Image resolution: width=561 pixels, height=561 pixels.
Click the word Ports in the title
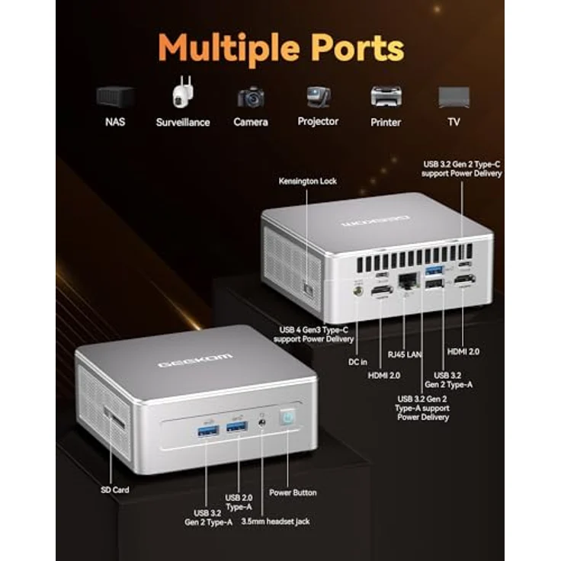pos(357,48)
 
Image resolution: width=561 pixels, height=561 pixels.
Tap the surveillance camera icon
pos(183,91)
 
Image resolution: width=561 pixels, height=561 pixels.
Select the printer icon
pos(386,97)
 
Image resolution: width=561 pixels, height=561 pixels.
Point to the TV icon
pos(454,97)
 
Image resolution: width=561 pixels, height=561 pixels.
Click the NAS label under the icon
pos(115,122)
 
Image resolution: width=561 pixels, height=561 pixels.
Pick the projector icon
pos(318,97)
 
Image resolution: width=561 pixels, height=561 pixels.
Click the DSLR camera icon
pos(251,97)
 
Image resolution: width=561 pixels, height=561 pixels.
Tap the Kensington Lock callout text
pos(308,181)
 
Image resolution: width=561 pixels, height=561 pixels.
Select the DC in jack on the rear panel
pos(357,291)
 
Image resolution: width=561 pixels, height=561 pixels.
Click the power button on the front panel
pos(288,417)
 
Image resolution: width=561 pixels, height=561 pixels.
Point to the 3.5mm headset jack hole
pos(262,422)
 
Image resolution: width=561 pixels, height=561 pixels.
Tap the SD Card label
pos(115,490)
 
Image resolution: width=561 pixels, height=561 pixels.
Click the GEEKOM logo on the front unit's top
pos(195,361)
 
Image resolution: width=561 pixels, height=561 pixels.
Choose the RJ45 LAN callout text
pos(405,354)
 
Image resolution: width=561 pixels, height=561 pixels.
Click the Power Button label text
pos(293,492)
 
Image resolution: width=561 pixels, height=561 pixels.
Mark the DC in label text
pos(357,362)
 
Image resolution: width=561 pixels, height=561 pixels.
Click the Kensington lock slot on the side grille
pos(308,290)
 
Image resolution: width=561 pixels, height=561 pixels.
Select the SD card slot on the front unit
pos(114,418)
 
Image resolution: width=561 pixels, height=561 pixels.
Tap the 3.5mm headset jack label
pos(275,521)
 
